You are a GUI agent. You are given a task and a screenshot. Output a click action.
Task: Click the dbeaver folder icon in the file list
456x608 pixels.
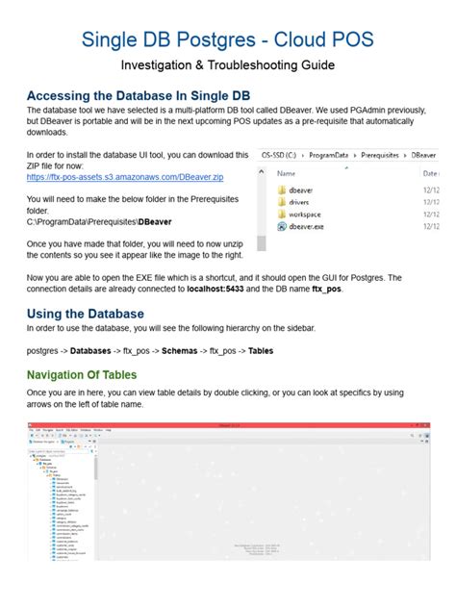point(282,190)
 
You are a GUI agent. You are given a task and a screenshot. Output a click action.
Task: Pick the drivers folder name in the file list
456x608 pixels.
point(306,204)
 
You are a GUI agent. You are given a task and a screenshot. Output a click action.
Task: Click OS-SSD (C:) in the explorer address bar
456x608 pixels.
point(284,153)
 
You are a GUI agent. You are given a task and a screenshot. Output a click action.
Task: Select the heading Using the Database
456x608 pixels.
point(86,314)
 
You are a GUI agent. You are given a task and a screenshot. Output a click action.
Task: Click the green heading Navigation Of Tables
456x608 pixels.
point(82,374)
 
